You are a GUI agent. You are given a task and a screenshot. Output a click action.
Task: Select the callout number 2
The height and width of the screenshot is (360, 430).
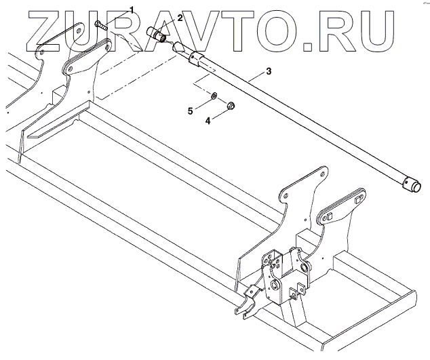point(179,16)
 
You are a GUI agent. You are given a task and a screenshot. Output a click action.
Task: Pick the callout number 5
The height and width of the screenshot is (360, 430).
point(191,109)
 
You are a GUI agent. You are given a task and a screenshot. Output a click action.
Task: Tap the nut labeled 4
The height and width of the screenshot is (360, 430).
point(231,106)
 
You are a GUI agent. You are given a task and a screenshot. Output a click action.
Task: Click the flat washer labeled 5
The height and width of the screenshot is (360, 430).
point(214,95)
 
